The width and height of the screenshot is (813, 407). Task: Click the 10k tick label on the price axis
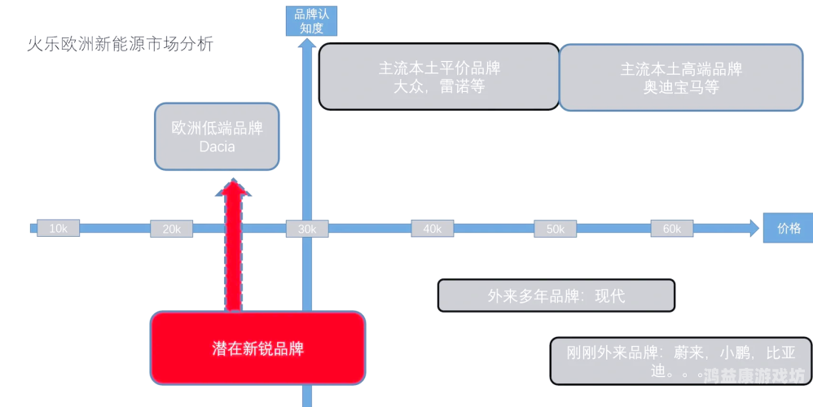coord(58,229)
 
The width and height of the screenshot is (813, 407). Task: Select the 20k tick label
coord(171,229)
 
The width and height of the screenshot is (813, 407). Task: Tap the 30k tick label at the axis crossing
coord(307,229)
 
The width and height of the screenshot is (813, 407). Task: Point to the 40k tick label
coord(432,229)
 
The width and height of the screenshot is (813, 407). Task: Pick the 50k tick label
coord(555,229)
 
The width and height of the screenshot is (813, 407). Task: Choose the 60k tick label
coord(671,229)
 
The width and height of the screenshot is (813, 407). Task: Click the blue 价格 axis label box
coord(788,228)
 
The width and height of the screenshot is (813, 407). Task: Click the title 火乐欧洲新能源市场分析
coord(121,44)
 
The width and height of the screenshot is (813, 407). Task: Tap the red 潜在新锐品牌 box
coord(257,348)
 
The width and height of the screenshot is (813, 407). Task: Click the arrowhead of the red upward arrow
coord(234,188)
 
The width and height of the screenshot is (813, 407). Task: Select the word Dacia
coord(217,147)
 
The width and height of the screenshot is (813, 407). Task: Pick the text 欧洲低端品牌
coord(217,129)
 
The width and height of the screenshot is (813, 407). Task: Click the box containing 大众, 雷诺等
coord(438,77)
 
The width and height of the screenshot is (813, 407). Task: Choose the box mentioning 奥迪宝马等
coord(680,77)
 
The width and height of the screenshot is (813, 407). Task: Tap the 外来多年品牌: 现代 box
coord(556,295)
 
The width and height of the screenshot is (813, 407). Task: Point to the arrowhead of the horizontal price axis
coord(753,228)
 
